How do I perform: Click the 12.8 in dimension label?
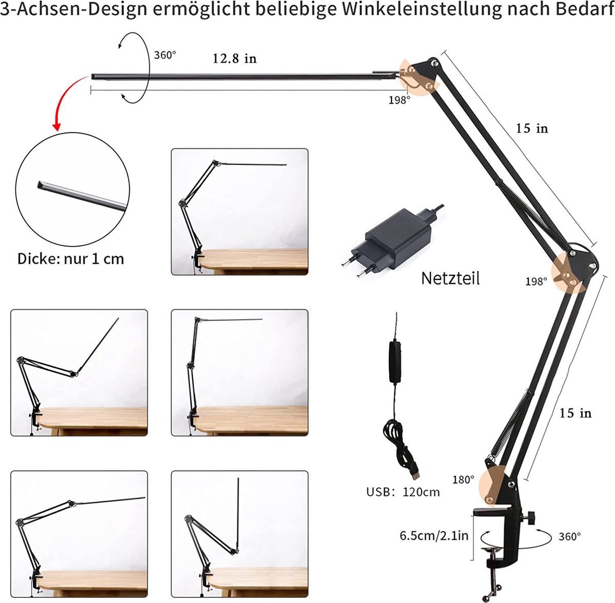click(235, 59)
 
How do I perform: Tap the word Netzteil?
click(450, 278)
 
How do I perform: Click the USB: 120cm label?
click(403, 492)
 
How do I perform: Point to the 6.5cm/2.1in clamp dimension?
click(434, 535)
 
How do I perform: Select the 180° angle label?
click(463, 479)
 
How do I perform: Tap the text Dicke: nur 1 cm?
click(71, 259)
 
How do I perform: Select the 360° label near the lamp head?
click(165, 55)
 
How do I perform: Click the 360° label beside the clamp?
click(570, 536)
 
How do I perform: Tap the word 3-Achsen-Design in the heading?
click(74, 10)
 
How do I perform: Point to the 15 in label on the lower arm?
click(576, 413)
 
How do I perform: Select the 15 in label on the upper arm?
click(532, 128)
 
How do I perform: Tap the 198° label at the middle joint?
click(536, 282)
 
